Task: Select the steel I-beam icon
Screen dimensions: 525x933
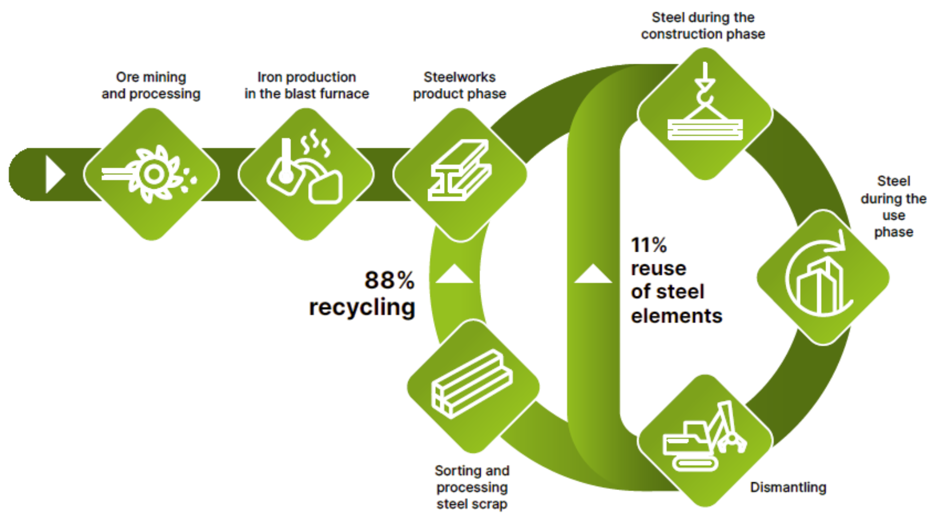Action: click(x=460, y=170)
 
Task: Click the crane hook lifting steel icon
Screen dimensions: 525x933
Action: click(x=705, y=109)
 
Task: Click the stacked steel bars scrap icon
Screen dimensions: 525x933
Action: click(x=472, y=384)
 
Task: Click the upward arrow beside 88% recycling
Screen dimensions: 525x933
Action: click(x=454, y=275)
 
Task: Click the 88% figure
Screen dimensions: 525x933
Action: click(x=389, y=280)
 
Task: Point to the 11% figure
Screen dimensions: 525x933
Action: click(x=649, y=245)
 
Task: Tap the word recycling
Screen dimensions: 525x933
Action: click(x=362, y=307)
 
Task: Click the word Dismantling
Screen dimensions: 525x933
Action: click(x=787, y=488)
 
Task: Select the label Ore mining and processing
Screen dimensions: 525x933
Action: click(x=151, y=86)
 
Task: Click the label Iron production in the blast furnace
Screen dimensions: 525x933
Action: click(x=307, y=86)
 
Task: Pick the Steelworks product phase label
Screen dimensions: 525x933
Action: click(x=459, y=86)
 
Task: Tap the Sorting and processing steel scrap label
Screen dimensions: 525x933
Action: click(x=471, y=487)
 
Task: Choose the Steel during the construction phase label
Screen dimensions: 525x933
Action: click(x=703, y=26)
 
